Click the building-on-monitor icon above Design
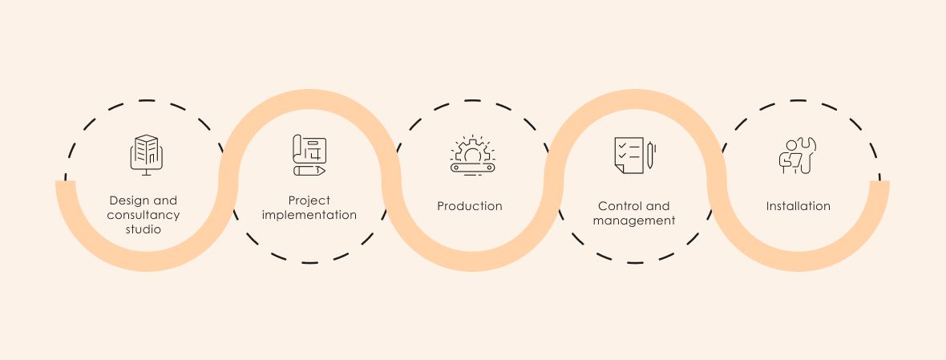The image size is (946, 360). click(x=146, y=155)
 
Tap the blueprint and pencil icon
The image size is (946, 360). click(x=309, y=155)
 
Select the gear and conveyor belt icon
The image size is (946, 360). click(x=472, y=156)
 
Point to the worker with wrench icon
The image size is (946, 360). click(x=798, y=155)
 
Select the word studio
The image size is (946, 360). click(x=143, y=230)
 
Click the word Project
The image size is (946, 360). click(x=309, y=200)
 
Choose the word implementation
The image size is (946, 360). click(x=309, y=215)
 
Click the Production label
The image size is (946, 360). click(x=469, y=206)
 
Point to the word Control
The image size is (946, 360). click(x=617, y=206)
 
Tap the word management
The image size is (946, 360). click(x=634, y=220)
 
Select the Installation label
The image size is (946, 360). click(x=798, y=206)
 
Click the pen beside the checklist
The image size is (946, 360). click(x=650, y=155)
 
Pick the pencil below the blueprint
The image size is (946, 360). click(x=309, y=171)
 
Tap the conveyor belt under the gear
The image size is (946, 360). click(x=472, y=168)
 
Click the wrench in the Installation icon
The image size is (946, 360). click(x=807, y=155)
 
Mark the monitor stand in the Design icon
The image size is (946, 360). click(x=146, y=172)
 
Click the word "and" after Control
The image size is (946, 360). click(x=657, y=206)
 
